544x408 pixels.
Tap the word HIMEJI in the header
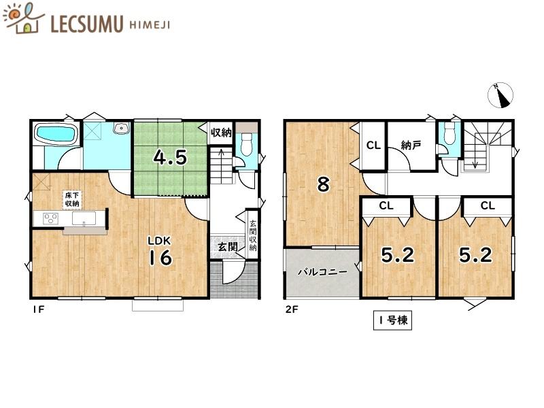[150, 25]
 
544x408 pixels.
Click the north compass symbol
[500, 95]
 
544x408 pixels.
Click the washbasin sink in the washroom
[122, 128]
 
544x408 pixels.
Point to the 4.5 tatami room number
[171, 158]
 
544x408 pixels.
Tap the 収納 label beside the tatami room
[221, 132]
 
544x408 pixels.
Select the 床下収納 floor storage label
[72, 199]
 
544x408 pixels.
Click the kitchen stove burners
[50, 218]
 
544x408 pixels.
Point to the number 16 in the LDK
[160, 258]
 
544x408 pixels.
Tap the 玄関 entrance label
[228, 247]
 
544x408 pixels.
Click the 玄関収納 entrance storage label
[252, 235]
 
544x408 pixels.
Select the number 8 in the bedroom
[323, 184]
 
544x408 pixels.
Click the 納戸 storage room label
[411, 145]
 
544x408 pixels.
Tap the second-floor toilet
[449, 135]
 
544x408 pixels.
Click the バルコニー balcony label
[322, 271]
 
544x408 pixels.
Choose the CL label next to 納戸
[373, 145]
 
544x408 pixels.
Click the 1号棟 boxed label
[393, 320]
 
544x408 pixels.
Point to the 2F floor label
[292, 309]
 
